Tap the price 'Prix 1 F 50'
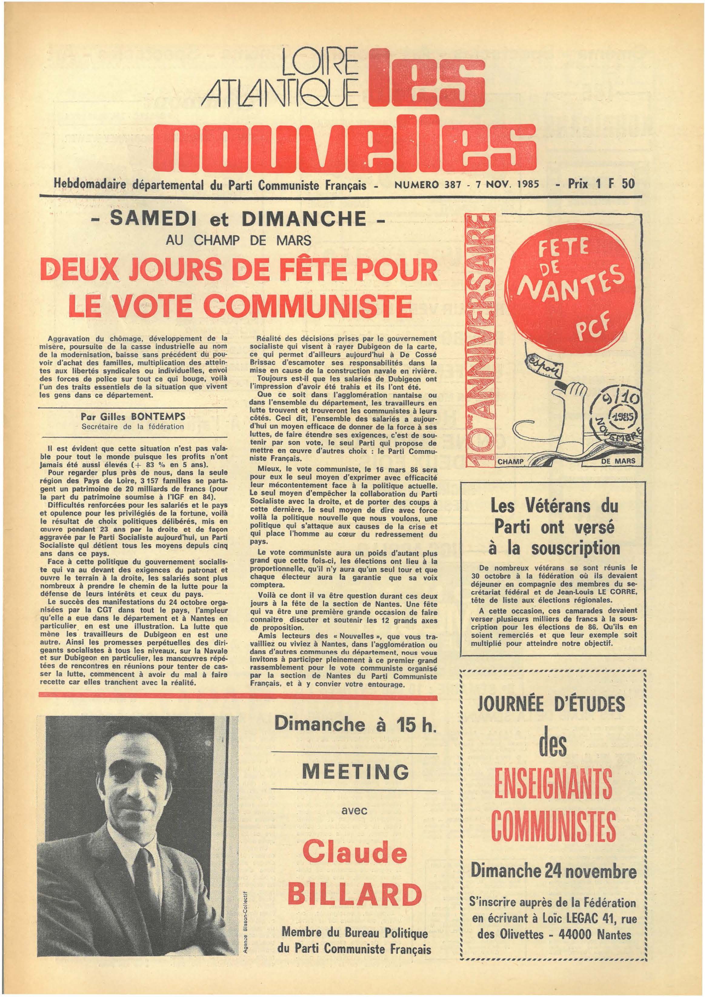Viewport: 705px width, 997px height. [x=601, y=184]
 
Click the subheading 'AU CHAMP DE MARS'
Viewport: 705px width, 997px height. [x=238, y=240]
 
